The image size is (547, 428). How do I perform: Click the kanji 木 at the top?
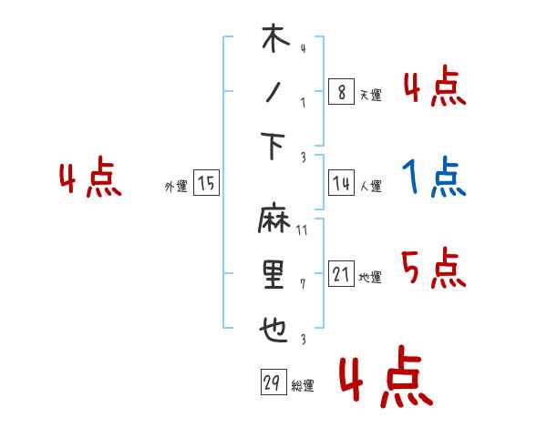tap(274, 40)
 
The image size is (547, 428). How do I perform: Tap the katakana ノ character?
tap(273, 94)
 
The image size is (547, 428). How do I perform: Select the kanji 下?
tap(274, 146)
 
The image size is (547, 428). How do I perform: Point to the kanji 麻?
tap(273, 221)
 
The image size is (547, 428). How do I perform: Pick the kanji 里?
tap(273, 274)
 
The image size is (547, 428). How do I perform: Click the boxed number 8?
tap(340, 92)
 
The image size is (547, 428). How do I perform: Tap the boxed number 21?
tap(340, 274)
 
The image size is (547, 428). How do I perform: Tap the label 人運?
tap(370, 186)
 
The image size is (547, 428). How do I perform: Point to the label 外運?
tap(176, 186)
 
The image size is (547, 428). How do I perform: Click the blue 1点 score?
tap(435, 178)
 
